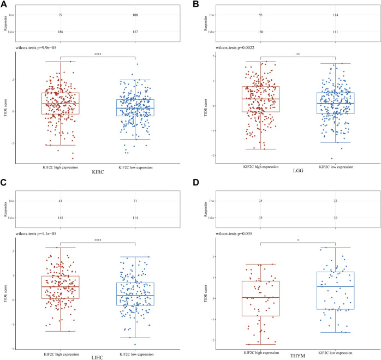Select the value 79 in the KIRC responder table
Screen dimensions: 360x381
59,15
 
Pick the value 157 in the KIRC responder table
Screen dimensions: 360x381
134,32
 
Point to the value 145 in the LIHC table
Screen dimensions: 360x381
59,218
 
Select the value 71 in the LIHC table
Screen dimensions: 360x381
134,201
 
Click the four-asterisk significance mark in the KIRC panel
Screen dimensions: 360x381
97,54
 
